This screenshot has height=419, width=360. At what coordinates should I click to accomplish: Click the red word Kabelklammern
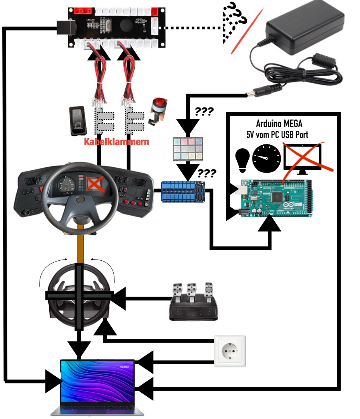116,142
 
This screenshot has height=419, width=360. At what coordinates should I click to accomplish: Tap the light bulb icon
242,160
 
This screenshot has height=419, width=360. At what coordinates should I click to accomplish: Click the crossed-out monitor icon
303,157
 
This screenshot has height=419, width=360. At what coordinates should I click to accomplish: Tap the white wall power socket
230,351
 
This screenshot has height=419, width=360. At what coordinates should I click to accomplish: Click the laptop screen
97,378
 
